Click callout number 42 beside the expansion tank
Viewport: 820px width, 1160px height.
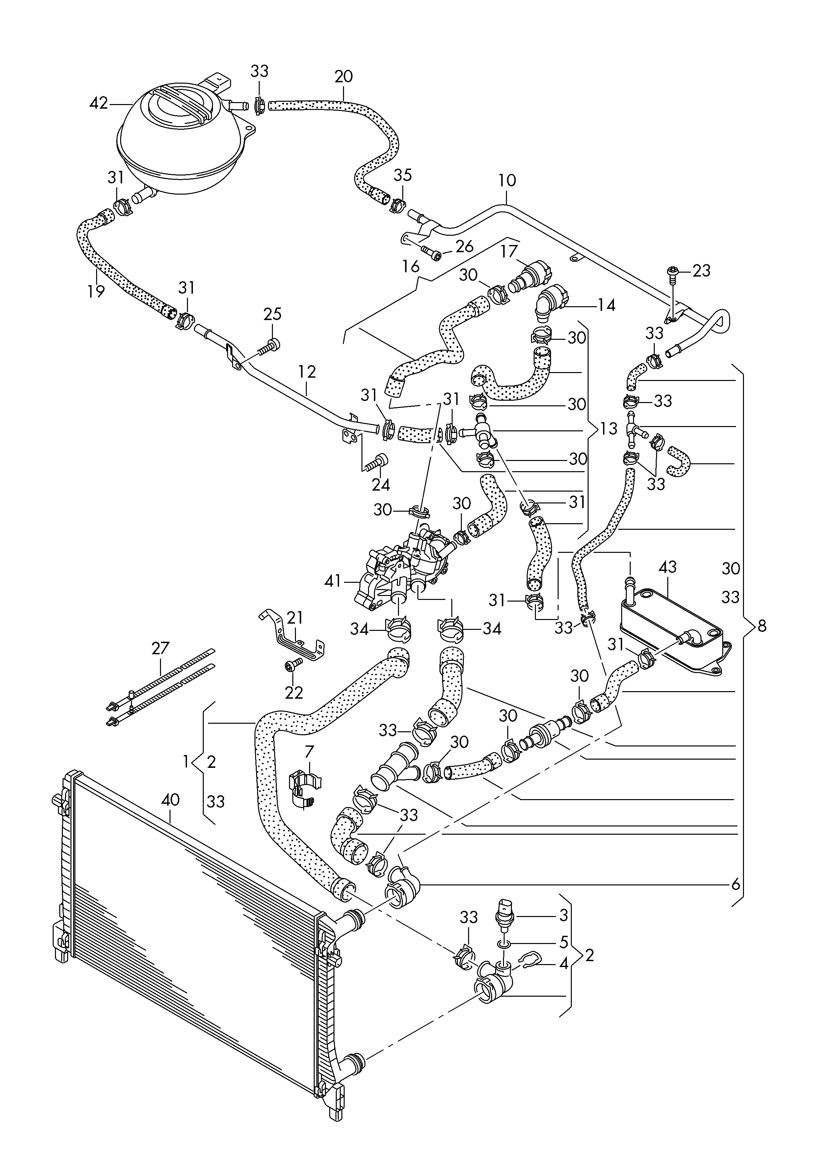tap(98, 104)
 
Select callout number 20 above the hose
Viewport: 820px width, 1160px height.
tap(344, 77)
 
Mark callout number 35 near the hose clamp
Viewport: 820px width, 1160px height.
tap(403, 175)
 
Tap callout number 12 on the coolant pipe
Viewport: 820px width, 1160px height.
tap(307, 372)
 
